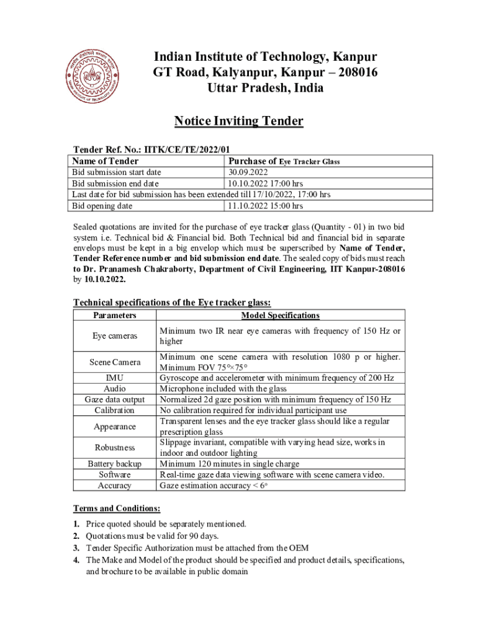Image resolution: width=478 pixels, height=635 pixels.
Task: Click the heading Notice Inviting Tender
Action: point(238,121)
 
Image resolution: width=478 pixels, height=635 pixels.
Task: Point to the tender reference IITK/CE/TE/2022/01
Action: point(187,150)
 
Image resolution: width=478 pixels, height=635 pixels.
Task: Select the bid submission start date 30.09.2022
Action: point(248,172)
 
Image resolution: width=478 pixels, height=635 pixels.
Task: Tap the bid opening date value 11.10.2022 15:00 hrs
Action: point(265,206)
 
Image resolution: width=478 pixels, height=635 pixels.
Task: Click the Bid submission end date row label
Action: point(115,184)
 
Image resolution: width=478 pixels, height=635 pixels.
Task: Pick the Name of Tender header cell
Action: point(106,161)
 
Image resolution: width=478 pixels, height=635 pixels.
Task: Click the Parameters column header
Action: point(115,316)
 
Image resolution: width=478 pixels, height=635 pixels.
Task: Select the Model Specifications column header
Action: point(280,316)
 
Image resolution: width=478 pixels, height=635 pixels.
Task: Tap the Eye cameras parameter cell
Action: point(115,336)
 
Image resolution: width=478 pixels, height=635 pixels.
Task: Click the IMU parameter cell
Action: point(115,378)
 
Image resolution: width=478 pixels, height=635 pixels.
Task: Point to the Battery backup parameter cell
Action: point(115,464)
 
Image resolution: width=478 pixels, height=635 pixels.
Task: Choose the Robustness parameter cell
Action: point(115,447)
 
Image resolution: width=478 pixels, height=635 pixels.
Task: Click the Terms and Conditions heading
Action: point(117,508)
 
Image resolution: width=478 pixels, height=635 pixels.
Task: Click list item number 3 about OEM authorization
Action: point(197,548)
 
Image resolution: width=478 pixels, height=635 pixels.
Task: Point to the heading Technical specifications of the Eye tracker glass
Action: point(172,303)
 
